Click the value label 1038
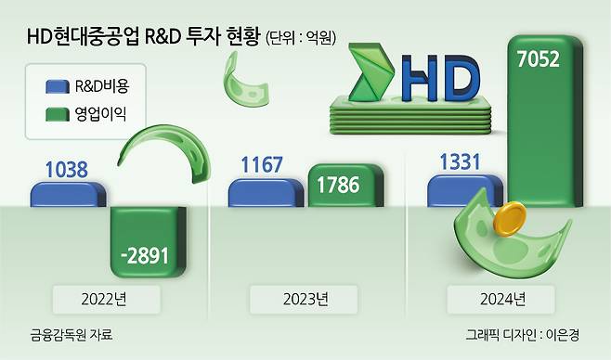pos(67,170)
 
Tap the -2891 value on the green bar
pos(145,256)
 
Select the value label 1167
pos(262,164)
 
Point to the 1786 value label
pos(338,185)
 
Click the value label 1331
pos(461,161)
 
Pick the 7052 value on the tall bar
pos(539,59)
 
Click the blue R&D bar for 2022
pos(68,194)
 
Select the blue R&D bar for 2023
pos(266,193)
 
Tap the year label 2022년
pos(104,300)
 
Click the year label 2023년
pos(305,300)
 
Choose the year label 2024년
pos(502,300)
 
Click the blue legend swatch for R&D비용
pos(58,87)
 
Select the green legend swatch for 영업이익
pos(58,114)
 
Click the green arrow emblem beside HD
pos(370,72)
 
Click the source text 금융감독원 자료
pos(71,335)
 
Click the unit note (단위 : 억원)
pos(301,38)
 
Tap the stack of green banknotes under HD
pos(410,116)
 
